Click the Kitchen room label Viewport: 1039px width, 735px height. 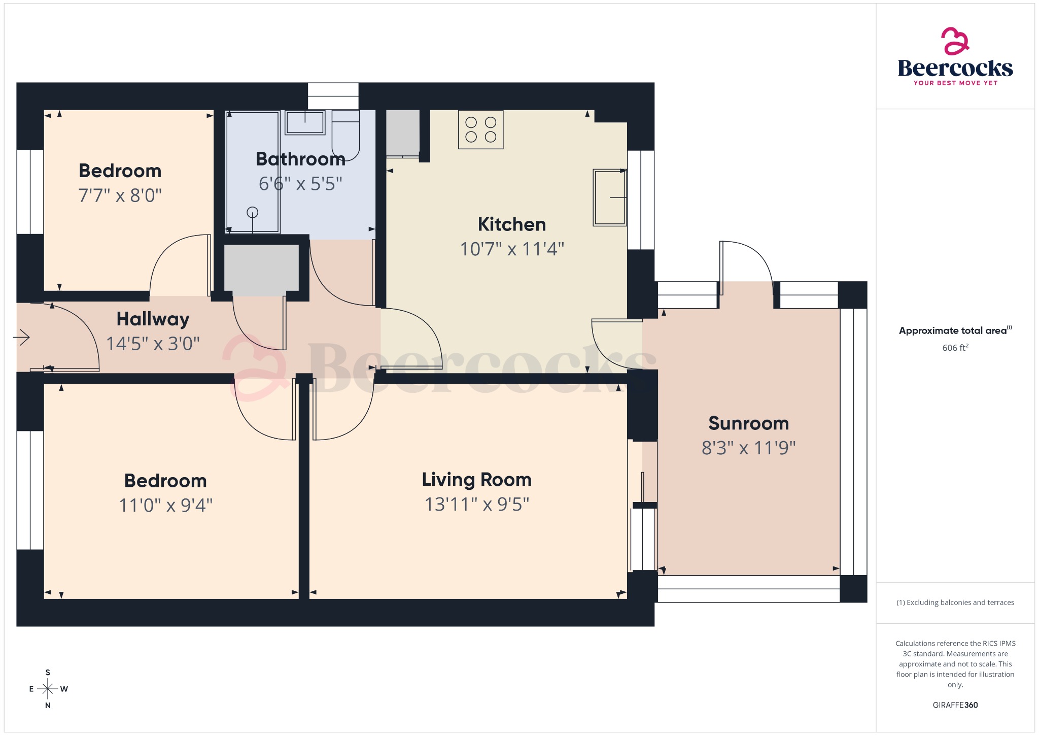(511, 224)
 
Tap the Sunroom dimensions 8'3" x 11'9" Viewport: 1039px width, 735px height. (748, 448)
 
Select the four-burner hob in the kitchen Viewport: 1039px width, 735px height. (480, 129)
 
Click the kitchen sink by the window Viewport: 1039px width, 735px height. (609, 197)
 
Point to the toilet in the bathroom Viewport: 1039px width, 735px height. (345, 136)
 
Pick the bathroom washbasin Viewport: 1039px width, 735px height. (304, 122)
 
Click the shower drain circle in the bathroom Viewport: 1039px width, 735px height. (252, 212)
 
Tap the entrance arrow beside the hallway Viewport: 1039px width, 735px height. (22, 337)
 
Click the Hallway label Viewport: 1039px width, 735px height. (153, 319)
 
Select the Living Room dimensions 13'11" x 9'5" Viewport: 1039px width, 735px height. (476, 504)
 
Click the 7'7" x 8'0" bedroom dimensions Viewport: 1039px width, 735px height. (120, 195)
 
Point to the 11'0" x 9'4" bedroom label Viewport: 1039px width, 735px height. (165, 480)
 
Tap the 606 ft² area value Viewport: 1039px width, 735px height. (955, 348)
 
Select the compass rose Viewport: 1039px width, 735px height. (48, 689)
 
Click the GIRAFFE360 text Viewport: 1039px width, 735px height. (955, 705)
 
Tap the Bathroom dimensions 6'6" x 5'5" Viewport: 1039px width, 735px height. (300, 184)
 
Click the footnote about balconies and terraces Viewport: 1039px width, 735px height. (955, 603)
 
